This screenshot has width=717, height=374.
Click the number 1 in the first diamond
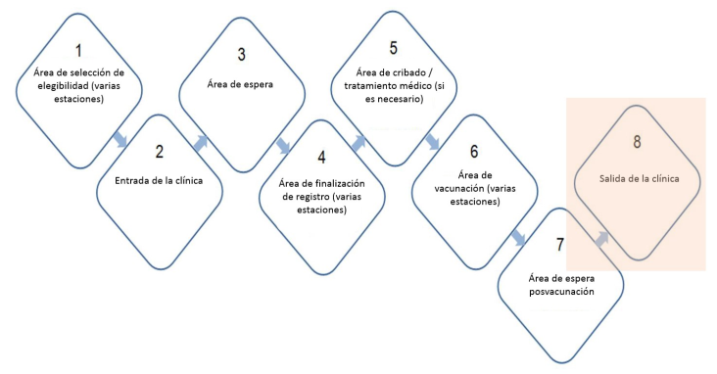pyautogui.click(x=78, y=50)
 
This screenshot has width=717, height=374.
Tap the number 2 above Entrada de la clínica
pyautogui.click(x=159, y=152)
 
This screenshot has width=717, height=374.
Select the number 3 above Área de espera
pyautogui.click(x=241, y=55)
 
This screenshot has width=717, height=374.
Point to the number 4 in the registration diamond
pyautogui.click(x=322, y=158)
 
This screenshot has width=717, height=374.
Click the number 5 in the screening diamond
pyautogui.click(x=393, y=48)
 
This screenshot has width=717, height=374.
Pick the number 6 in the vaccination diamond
pyautogui.click(x=474, y=152)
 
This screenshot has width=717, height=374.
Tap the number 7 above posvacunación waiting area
pyautogui.click(x=560, y=245)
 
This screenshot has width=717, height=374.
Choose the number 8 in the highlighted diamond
pyautogui.click(x=637, y=142)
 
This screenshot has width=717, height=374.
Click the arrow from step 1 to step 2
pyautogui.click(x=119, y=139)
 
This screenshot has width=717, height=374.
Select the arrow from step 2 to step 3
pyautogui.click(x=201, y=143)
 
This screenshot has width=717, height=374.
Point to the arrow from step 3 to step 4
pyautogui.click(x=283, y=146)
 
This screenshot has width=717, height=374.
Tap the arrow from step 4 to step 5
pyautogui.click(x=358, y=143)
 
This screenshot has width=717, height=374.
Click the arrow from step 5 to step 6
pyautogui.click(x=432, y=141)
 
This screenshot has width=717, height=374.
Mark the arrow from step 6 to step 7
pyautogui.click(x=518, y=238)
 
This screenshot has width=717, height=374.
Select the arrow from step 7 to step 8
pyautogui.click(x=601, y=239)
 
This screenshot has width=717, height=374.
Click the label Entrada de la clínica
pyautogui.click(x=159, y=180)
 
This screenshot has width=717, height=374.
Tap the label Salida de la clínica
pyautogui.click(x=640, y=179)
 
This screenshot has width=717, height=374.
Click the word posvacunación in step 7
pyautogui.click(x=561, y=292)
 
